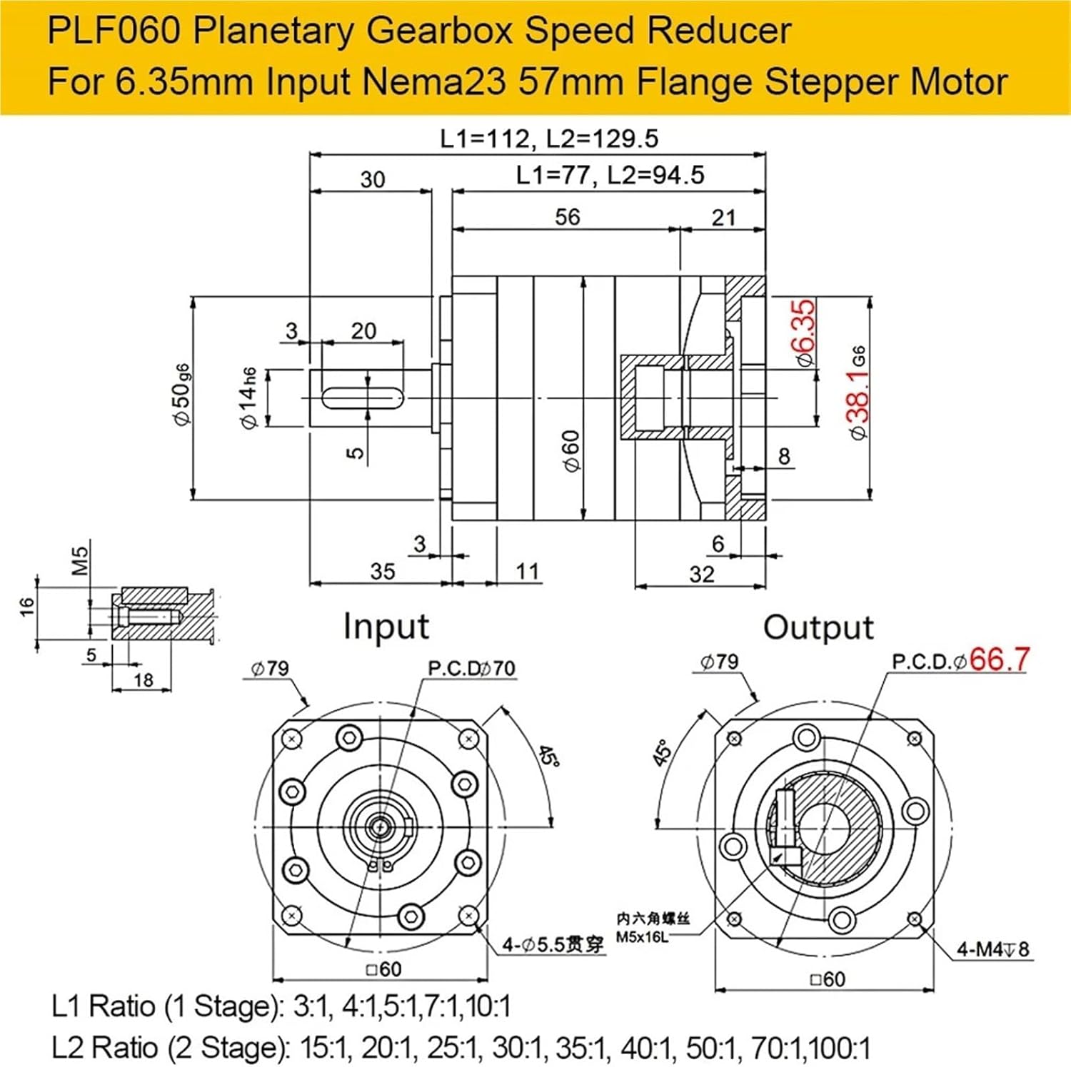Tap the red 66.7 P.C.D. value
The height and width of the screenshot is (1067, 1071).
(999, 659)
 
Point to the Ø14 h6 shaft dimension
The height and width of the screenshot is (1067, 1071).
(247, 398)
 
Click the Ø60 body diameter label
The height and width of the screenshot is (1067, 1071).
(571, 450)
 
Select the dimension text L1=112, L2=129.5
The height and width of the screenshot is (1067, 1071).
(548, 138)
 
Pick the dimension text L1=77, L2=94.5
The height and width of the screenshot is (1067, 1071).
(610, 176)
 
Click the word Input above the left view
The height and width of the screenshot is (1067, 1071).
(386, 627)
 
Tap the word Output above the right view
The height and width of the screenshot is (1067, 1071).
(818, 628)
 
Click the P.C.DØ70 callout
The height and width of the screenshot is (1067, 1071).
(471, 668)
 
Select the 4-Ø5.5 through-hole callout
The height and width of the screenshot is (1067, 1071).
(553, 945)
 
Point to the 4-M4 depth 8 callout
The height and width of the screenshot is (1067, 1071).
(993, 949)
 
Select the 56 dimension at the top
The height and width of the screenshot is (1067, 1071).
(568, 217)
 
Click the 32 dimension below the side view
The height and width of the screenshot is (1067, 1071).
(701, 575)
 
